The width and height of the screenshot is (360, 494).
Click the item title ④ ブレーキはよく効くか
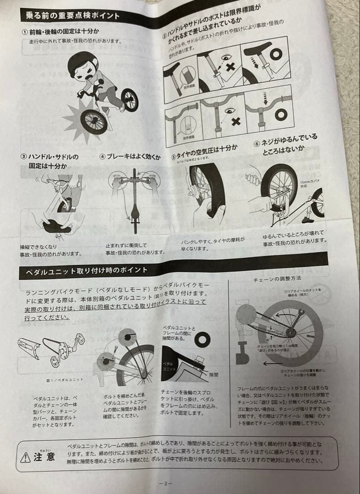pos(130,157)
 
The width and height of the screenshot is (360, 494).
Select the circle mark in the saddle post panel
pos(275,55)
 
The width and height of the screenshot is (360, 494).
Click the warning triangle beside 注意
pos(26,457)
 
